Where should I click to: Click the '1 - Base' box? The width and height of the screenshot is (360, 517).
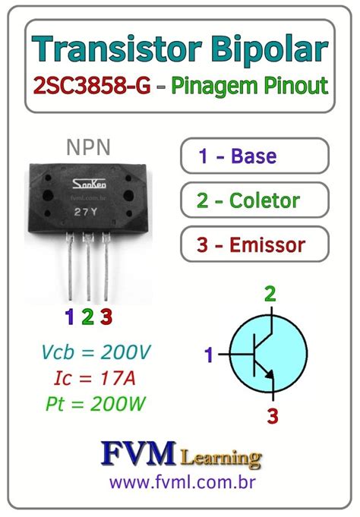(x=254, y=156)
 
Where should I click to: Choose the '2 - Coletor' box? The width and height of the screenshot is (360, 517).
(x=254, y=200)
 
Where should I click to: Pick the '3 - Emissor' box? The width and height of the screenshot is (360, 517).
(x=254, y=245)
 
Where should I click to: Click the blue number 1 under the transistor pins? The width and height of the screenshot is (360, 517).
(x=70, y=317)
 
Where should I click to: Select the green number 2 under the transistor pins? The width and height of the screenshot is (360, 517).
(x=87, y=317)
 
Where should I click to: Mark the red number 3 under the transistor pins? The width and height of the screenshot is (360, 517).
(x=106, y=317)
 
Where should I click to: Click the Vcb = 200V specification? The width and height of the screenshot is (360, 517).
(x=95, y=352)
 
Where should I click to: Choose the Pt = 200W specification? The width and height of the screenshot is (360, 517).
(x=94, y=404)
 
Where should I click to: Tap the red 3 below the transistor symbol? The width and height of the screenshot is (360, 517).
(x=272, y=415)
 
